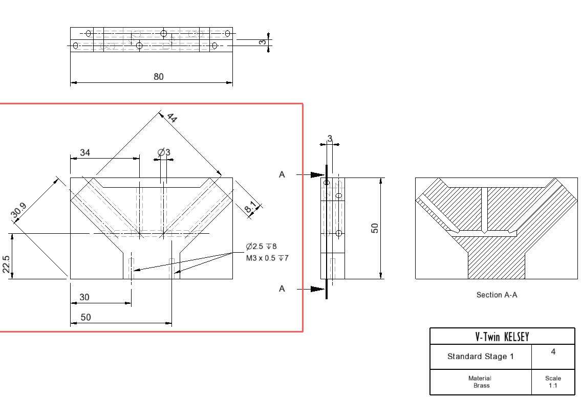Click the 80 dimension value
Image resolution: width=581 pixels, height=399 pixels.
[x=159, y=77]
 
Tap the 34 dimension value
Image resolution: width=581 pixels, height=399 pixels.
[x=85, y=152]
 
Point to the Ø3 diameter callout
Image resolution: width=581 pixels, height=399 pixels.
[x=164, y=152]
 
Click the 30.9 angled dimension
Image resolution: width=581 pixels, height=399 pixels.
[x=18, y=211]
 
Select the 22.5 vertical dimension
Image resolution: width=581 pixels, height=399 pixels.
[x=6, y=264]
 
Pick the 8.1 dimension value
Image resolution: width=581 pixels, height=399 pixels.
[x=250, y=207]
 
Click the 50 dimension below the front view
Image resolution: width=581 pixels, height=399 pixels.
[x=85, y=317]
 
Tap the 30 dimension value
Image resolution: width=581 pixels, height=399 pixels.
[x=84, y=297]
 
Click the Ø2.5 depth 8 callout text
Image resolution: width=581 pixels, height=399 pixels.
[x=261, y=247]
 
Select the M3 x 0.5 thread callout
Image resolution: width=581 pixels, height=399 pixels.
[x=267, y=258]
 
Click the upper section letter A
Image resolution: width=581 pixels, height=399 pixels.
[x=282, y=174]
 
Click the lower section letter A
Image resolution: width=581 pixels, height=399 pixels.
[x=282, y=289]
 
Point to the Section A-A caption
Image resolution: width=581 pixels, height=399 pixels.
[x=497, y=295]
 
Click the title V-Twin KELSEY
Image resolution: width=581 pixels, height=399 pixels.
[x=502, y=337]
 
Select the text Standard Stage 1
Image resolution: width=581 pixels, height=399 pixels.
[x=481, y=357]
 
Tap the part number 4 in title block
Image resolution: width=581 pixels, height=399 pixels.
[x=553, y=351]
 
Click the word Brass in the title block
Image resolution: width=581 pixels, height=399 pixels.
[x=482, y=385]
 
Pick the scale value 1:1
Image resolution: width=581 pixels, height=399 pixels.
[x=553, y=386]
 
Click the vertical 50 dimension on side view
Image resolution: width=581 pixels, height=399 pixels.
[x=375, y=228]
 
